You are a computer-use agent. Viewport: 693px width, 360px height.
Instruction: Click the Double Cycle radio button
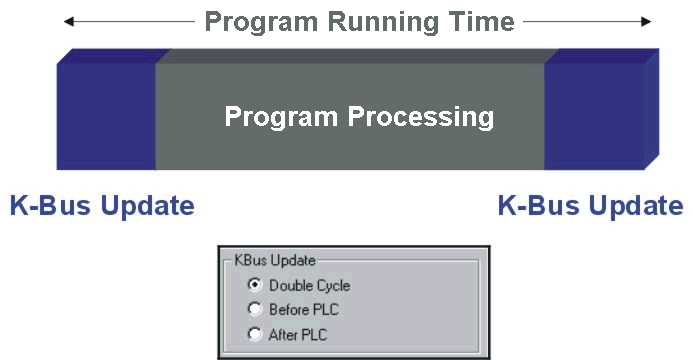coord(255,286)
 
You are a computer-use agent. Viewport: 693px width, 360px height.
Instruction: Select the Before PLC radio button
coord(255,310)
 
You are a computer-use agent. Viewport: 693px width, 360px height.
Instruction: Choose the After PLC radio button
coord(255,334)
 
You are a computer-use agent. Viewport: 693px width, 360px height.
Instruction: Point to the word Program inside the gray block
coord(281,117)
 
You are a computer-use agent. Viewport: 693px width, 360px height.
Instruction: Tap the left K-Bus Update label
coord(101,206)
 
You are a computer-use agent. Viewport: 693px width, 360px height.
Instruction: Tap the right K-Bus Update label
coord(590,206)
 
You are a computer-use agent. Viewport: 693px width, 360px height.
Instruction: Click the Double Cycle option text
coord(309,286)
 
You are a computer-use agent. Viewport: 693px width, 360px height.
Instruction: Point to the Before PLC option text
coord(304,310)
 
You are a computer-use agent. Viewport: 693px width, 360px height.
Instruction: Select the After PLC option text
coord(298,334)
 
